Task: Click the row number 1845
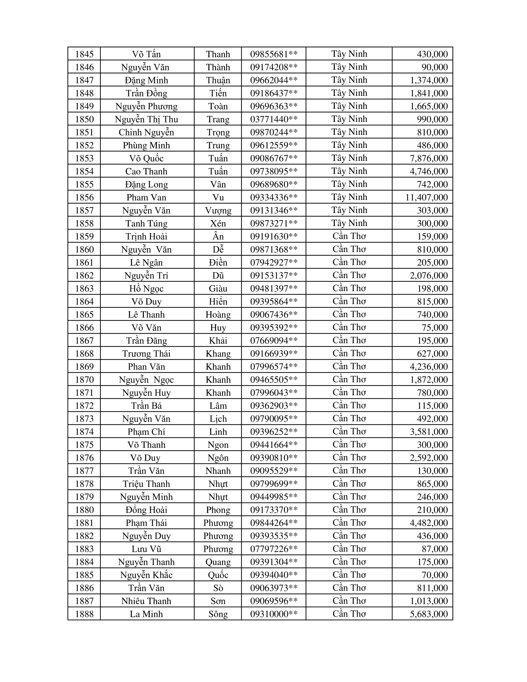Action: pos(84,54)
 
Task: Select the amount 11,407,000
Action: pos(427,197)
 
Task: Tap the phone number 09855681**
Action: pos(274,54)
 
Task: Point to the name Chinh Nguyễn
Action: pos(146,132)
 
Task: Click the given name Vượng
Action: pos(218,210)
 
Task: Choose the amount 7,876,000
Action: pos(429,158)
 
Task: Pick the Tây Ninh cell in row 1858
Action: pos(349,223)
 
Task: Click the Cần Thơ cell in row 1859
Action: pos(349,237)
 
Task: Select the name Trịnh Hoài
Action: pos(146,237)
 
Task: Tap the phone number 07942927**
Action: pos(274,263)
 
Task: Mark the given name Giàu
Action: pos(218,289)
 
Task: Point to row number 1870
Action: pos(84,380)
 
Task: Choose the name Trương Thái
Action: pos(146,354)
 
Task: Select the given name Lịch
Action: pos(218,419)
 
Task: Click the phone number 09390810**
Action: pos(274,458)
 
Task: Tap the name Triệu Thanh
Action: pos(146,484)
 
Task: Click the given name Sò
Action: pos(218,588)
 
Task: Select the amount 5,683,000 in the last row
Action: pos(429,614)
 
